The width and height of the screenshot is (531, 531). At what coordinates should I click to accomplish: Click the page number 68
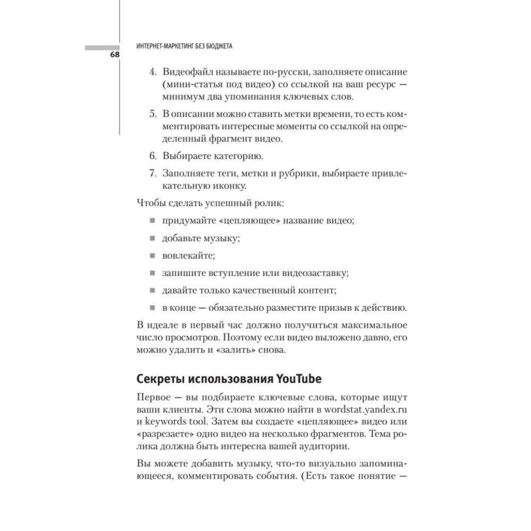[x=115, y=55]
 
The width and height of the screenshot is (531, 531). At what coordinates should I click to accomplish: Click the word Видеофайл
[x=187, y=72]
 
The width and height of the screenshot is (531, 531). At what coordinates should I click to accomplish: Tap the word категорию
[x=235, y=157]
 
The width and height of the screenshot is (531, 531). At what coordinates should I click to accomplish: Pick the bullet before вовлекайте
[x=151, y=256]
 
